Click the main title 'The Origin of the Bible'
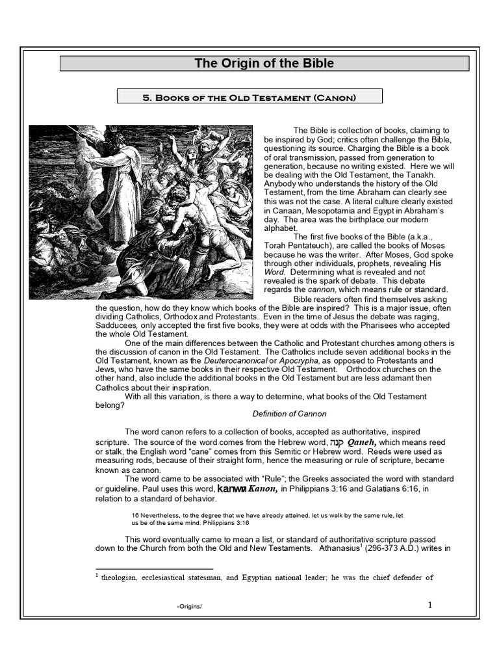point(264,63)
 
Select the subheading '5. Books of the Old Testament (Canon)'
point(249,97)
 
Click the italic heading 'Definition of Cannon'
point(289,414)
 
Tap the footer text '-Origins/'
point(190,607)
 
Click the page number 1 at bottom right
point(429,606)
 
